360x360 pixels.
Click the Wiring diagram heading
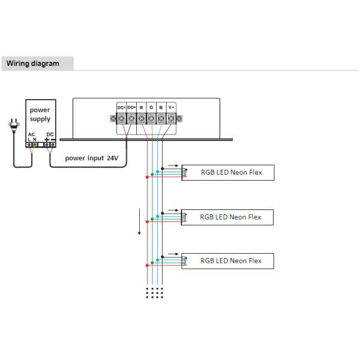pos(32,64)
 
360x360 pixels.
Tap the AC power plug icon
pos(14,125)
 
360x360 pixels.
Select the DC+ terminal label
pos(121,107)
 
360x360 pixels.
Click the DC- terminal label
pos(131,107)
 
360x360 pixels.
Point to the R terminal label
pos(141,107)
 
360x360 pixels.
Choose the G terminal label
pos(151,107)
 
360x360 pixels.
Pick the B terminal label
pos(161,107)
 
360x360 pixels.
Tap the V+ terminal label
pos(171,107)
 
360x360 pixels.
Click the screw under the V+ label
pos(171,119)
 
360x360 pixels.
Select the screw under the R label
pos(141,119)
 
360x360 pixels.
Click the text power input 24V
pos(92,158)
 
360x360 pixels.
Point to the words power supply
pos(40,115)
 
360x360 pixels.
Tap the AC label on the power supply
pos(31,134)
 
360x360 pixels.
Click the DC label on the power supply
pos(50,134)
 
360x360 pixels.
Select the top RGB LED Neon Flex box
pos(228,172)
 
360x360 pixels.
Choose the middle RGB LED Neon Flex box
pos(227,217)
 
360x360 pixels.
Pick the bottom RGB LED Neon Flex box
pos(228,261)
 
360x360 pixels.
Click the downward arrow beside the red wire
pos(139,222)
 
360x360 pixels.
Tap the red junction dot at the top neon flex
pos(147,177)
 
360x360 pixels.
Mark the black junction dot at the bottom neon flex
pos(163,257)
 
